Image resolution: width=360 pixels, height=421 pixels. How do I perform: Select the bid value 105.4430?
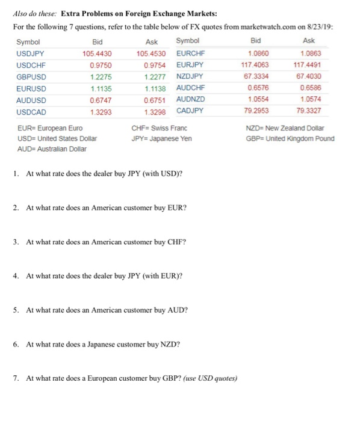pyautogui.click(x=96, y=53)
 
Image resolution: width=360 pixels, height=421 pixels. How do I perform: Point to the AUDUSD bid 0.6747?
pyautogui.click(x=101, y=100)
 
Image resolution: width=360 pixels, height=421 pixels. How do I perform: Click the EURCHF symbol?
pyautogui.click(x=191, y=53)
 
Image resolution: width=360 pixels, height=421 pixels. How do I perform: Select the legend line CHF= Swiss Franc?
pyautogui.click(x=159, y=128)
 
